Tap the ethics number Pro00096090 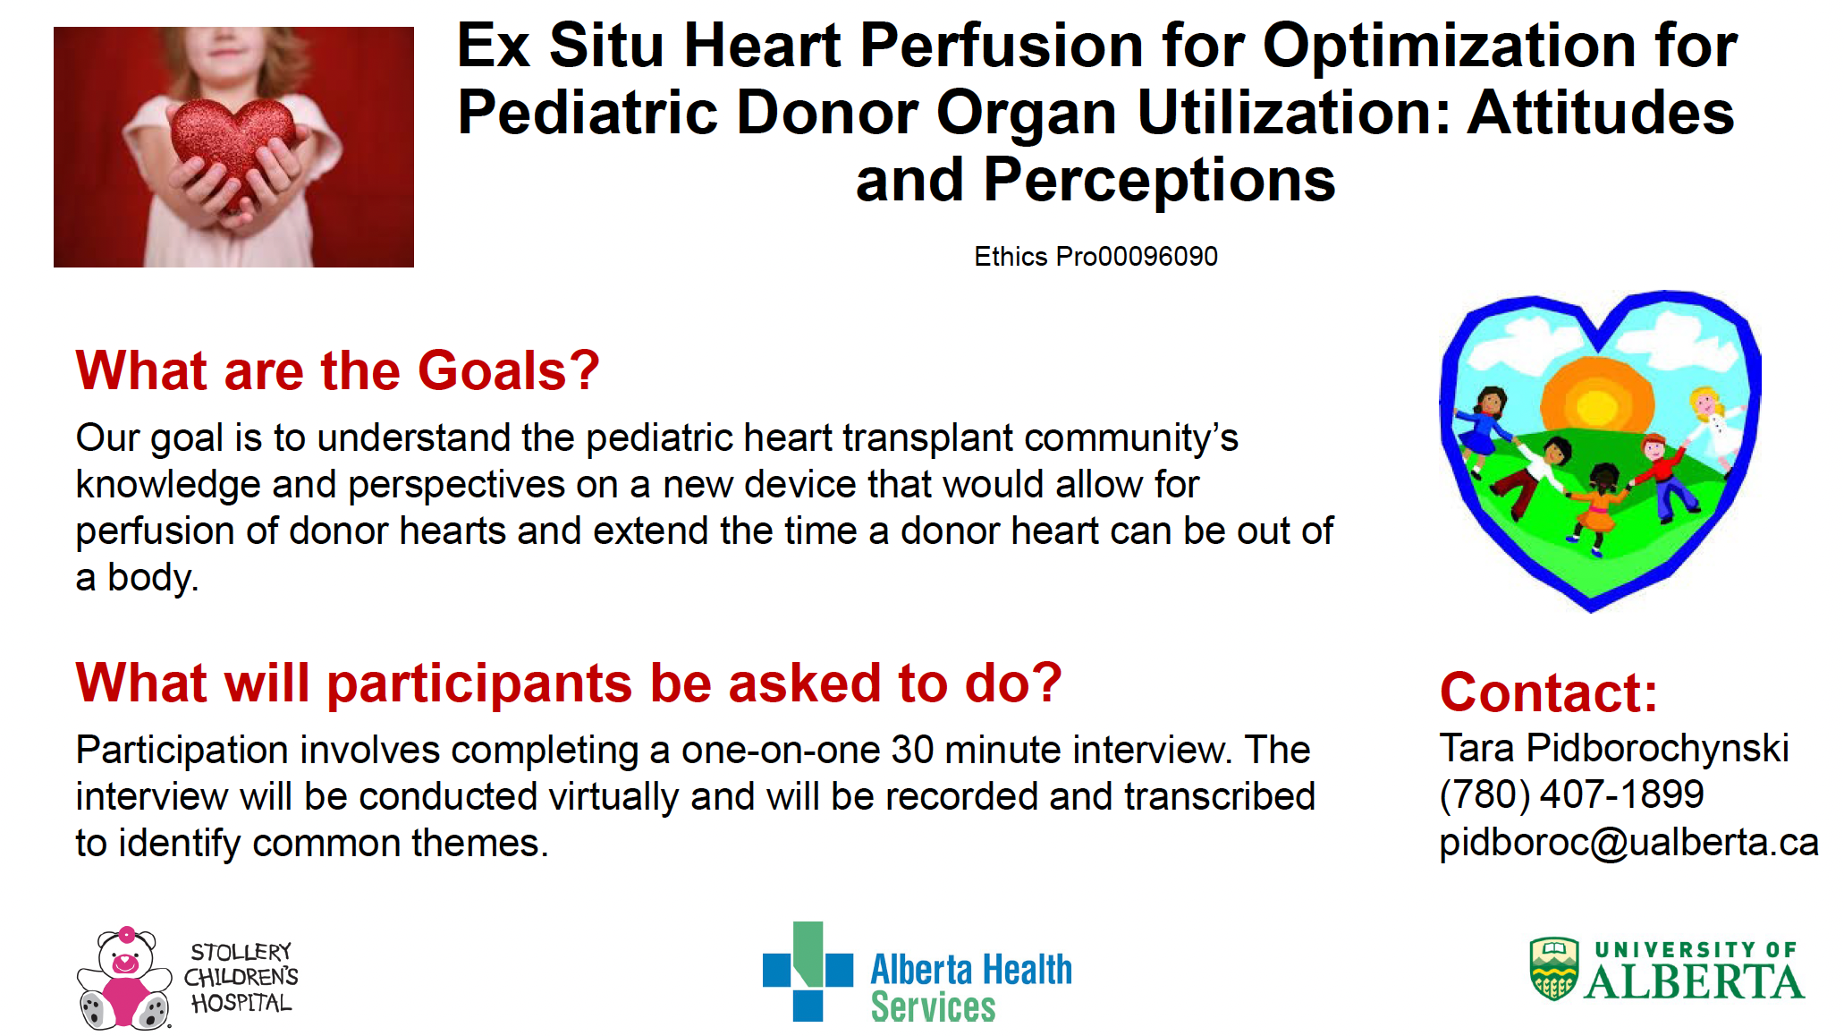[1137, 257]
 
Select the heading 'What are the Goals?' [337, 370]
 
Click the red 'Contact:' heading [1549, 692]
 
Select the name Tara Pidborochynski [1614, 748]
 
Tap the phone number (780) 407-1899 [1571, 794]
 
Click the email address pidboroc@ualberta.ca [1628, 842]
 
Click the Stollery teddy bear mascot [124, 978]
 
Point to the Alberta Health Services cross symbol [808, 972]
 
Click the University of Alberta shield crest [1554, 968]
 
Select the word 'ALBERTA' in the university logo [1694, 981]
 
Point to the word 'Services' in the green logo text [933, 1007]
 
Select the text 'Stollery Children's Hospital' [241, 977]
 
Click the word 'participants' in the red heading [480, 684]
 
